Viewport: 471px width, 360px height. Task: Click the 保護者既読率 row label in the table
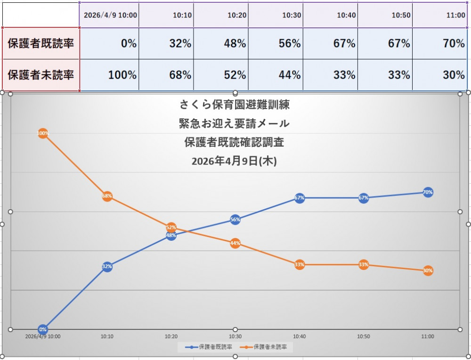[x=41, y=43]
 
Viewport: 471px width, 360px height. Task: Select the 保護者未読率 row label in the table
[x=41, y=74]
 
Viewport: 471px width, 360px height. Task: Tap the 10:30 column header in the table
[x=292, y=15]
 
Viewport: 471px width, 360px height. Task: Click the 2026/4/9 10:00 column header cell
[x=110, y=15]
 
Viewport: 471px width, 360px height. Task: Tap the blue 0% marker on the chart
[x=43, y=329]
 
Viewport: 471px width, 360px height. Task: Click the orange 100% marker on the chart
[x=43, y=133]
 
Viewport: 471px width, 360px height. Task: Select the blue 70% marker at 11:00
[x=428, y=192]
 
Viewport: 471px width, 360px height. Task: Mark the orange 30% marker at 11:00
[x=428, y=270]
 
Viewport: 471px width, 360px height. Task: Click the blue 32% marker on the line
[x=107, y=267]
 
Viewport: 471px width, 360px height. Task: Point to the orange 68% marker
[x=107, y=196]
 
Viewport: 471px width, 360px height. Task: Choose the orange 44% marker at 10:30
[x=235, y=243]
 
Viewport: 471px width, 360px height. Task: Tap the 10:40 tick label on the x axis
[x=299, y=336]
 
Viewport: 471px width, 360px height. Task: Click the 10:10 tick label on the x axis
[x=107, y=336]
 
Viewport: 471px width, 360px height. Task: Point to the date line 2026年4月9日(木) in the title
[x=234, y=161]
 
